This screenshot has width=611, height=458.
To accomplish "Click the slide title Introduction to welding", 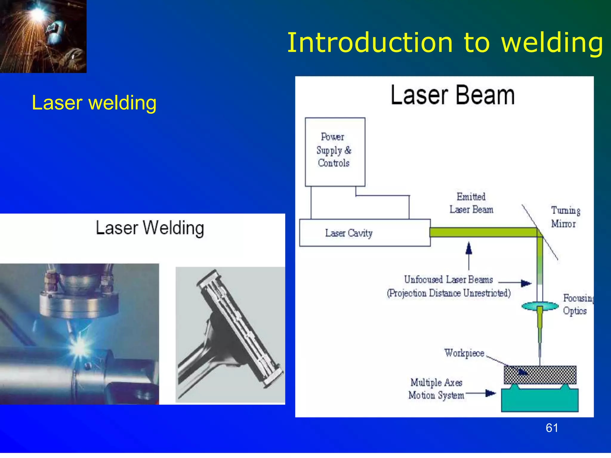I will (445, 43).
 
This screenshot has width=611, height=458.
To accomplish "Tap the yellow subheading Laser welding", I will (94, 103).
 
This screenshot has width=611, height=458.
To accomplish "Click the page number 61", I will (552, 428).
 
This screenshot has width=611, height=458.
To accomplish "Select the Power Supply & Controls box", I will (335, 152).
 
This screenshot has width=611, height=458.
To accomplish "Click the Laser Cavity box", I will (365, 233).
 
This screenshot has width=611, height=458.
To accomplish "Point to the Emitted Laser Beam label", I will (471, 203).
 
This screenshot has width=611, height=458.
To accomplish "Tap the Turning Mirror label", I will (565, 217).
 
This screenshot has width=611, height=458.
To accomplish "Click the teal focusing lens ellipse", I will (540, 306).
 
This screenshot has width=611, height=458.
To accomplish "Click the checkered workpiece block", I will (540, 375).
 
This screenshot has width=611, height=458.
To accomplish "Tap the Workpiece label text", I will (464, 353).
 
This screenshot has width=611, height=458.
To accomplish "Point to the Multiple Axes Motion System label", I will (436, 389).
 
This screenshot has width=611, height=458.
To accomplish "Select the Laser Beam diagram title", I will (453, 95).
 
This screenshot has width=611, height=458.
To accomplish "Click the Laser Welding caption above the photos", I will (150, 228).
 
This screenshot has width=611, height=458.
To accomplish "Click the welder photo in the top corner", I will (43, 36).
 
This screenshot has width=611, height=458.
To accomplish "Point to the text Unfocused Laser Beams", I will (448, 280).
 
